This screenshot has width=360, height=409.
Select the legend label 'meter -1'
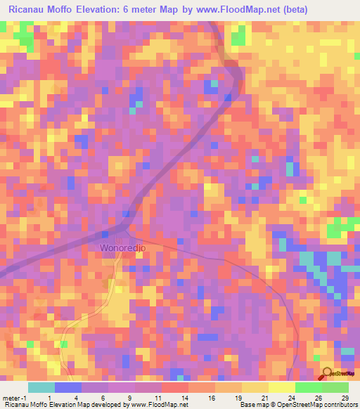(15, 397)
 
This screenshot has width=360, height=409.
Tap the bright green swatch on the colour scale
(308, 387)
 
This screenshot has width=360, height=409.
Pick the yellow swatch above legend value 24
(281, 387)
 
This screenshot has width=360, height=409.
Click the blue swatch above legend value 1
(67, 387)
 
